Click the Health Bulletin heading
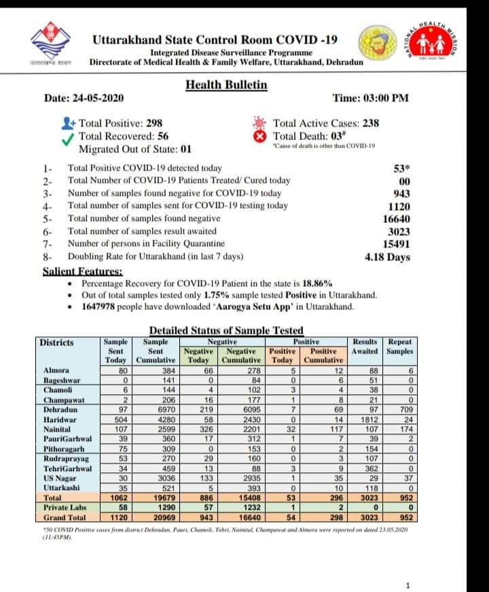tap(226, 85)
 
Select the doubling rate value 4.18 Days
tap(388, 257)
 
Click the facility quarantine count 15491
tap(397, 244)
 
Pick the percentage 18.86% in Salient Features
tap(317, 283)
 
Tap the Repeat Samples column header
tap(399, 346)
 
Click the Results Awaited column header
tap(365, 346)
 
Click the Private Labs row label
tap(62, 509)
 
